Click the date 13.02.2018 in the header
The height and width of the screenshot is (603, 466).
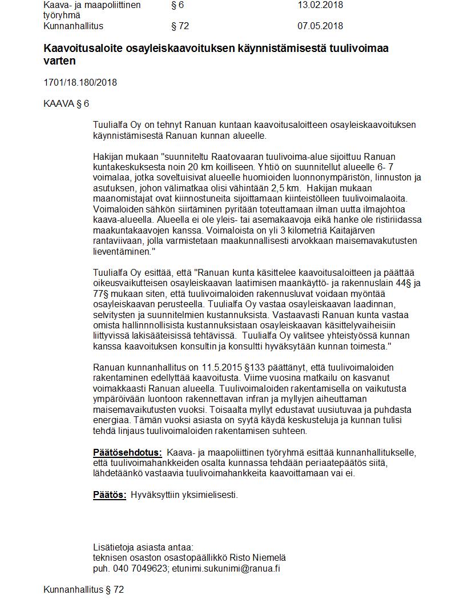coord(320,5)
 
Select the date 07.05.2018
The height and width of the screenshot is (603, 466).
coord(320,26)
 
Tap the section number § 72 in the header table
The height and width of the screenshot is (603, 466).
coord(180,26)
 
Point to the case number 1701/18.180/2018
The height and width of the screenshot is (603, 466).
coord(80,82)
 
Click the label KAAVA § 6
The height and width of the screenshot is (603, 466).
coord(66,103)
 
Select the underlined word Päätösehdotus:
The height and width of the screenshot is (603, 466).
coord(127,453)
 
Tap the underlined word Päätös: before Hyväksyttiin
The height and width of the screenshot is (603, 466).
coord(110,495)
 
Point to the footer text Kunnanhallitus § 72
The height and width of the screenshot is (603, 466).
coord(83,589)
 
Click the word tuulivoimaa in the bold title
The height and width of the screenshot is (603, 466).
coord(360,49)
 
